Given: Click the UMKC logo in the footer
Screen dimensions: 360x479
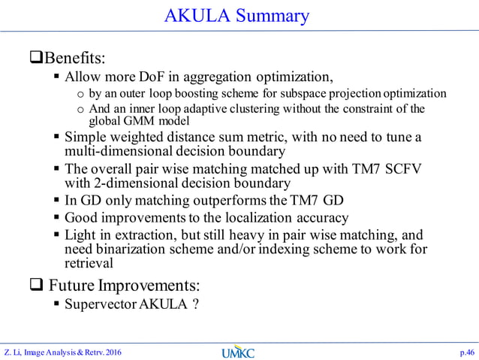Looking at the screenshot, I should tap(239, 351).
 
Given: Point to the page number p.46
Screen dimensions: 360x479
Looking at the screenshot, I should tap(466, 351).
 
